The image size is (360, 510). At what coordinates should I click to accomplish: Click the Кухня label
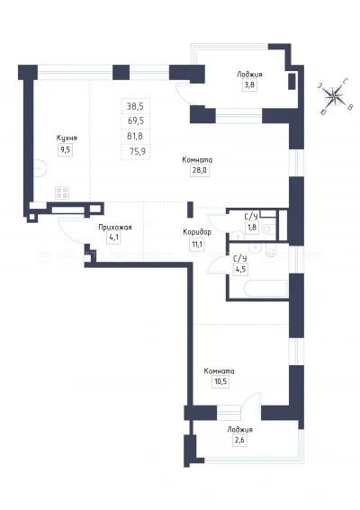tap(67, 138)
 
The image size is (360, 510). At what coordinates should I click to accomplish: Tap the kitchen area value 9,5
tap(66, 150)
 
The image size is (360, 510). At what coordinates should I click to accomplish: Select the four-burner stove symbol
tap(62, 192)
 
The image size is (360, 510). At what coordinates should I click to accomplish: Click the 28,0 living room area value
tap(199, 170)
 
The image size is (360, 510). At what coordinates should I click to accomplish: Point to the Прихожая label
tap(115, 227)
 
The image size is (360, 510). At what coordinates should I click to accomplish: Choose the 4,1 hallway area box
tap(114, 237)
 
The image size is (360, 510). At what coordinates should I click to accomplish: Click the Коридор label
tap(197, 232)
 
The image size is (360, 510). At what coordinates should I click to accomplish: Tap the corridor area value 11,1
tap(197, 244)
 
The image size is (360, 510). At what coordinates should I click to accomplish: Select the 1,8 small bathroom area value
tap(252, 227)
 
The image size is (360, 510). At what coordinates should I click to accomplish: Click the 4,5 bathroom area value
tap(240, 270)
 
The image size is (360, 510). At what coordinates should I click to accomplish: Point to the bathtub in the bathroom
tap(265, 289)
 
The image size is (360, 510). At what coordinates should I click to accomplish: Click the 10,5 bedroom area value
tap(220, 381)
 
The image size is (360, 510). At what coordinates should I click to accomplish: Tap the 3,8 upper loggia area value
tap(249, 85)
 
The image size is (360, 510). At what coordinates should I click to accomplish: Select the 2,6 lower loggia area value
tap(239, 441)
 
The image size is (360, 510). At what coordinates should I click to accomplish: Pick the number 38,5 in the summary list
tap(135, 106)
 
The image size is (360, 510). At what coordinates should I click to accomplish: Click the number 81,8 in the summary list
tap(135, 136)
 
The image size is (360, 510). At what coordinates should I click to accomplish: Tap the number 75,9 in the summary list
tap(137, 151)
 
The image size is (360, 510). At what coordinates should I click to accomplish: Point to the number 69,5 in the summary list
tap(136, 121)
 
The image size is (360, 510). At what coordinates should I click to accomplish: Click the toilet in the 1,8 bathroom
tap(267, 229)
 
